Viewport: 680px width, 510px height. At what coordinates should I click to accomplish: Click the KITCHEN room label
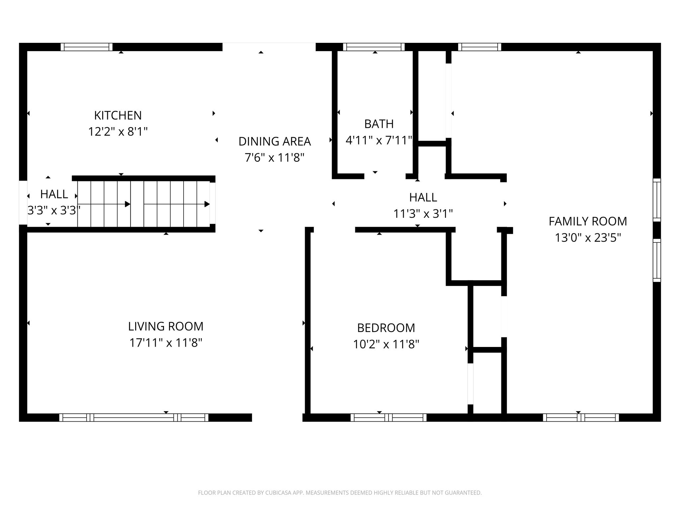pos(118,115)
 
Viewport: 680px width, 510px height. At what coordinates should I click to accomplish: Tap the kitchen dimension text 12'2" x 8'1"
pos(118,132)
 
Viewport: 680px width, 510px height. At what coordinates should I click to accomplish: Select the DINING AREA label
pos(275,141)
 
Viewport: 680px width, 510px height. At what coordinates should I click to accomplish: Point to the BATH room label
pos(379,124)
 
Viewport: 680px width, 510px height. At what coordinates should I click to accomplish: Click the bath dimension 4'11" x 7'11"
pos(379,140)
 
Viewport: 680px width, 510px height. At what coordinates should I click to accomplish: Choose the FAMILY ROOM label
pos(588,221)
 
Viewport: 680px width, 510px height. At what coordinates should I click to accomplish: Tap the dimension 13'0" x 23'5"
pos(588,238)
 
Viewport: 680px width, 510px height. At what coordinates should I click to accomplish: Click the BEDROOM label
pos(386,328)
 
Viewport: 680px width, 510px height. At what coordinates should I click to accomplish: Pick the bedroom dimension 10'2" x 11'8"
pos(386,344)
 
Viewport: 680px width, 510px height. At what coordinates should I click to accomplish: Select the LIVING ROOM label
pos(166,326)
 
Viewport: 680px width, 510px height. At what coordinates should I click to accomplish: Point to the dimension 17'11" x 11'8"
pos(166,343)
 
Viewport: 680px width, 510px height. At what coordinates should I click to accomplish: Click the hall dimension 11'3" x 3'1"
pos(423,213)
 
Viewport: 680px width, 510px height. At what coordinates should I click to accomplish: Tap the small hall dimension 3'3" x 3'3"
pos(54,210)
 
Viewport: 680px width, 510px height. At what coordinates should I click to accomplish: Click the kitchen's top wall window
pos(87,47)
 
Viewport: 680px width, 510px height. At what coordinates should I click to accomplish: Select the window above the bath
pos(374,47)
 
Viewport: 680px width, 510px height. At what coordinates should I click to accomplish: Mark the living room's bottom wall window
pos(134,417)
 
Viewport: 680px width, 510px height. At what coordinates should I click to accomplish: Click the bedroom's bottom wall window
pos(388,417)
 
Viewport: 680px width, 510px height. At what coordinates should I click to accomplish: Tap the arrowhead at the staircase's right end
pos(207,204)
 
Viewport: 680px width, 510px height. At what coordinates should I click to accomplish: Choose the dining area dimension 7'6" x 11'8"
pos(275,158)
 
